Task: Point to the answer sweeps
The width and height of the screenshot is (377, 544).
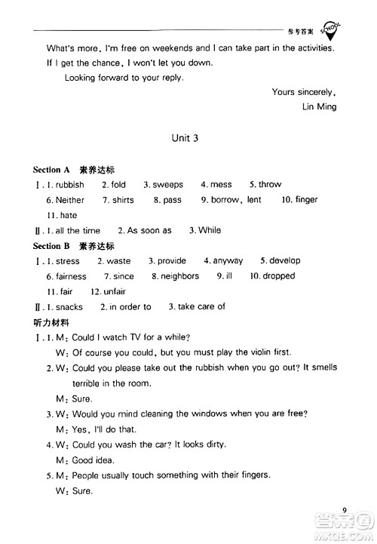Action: pos(167,185)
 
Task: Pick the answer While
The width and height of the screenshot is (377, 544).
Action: pos(210,230)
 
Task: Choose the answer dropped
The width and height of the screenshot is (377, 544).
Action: pos(278,276)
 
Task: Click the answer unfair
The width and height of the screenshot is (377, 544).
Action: pos(115,291)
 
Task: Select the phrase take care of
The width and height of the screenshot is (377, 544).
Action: pos(201,307)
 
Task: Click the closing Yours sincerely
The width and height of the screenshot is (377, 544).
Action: pos(304,92)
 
